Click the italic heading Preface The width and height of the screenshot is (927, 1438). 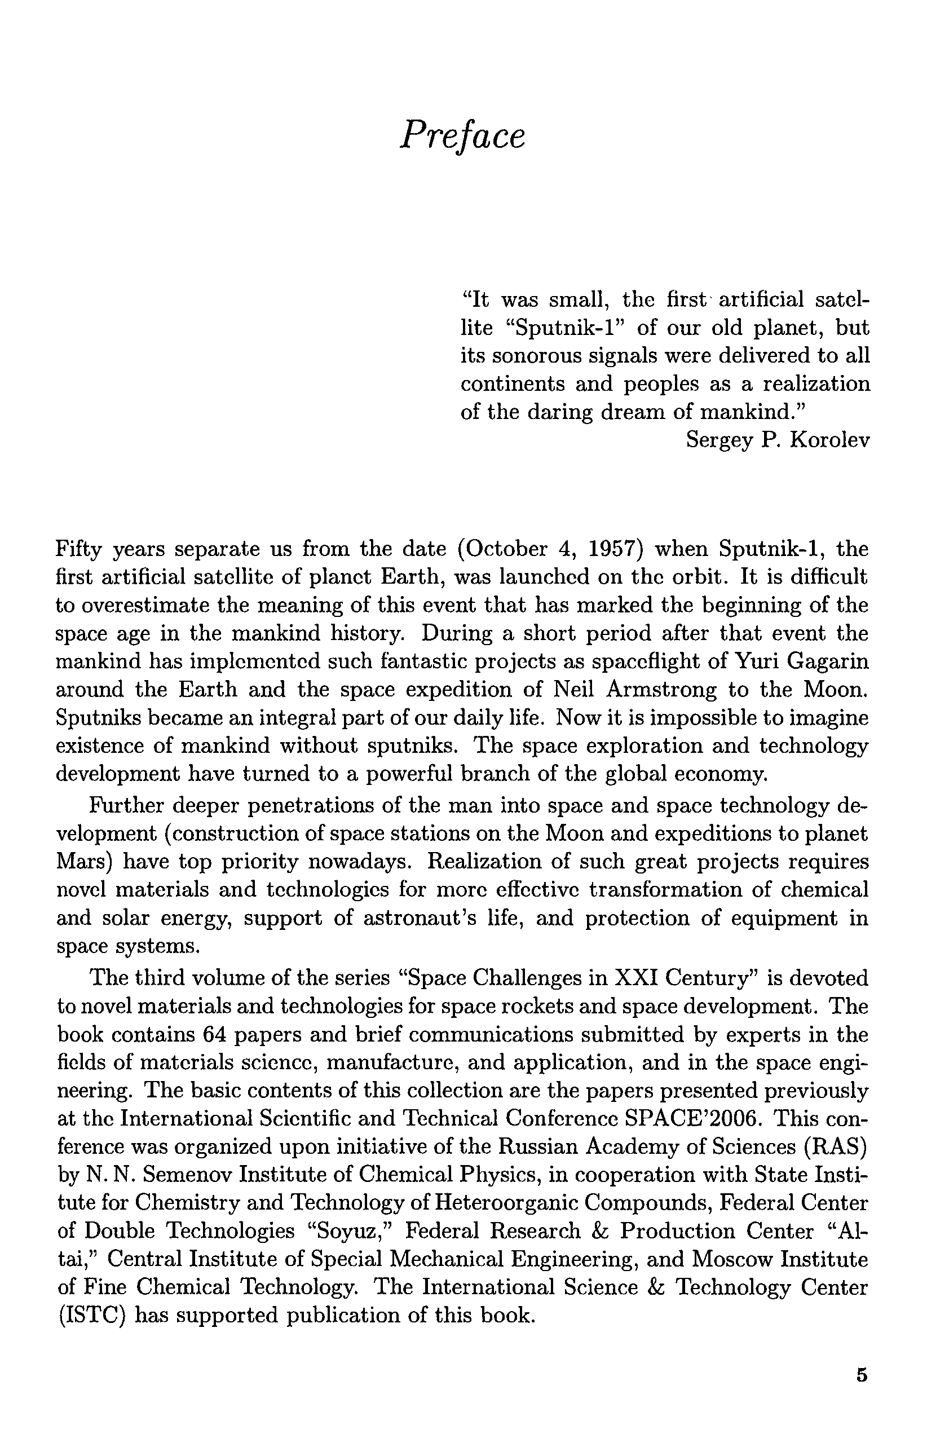click(462, 135)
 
